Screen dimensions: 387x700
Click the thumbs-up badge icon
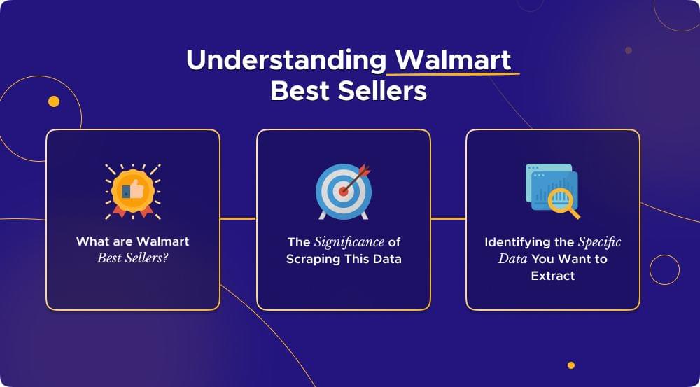[x=132, y=188]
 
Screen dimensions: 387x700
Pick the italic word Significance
[x=349, y=242]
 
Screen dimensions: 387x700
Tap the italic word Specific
[x=599, y=242]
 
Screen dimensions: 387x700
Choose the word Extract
[x=552, y=276]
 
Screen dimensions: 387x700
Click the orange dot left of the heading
[x=54, y=102]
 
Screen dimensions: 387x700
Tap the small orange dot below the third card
[x=571, y=365]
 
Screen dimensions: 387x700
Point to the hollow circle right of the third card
[x=664, y=269]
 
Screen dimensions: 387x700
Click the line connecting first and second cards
[x=238, y=219]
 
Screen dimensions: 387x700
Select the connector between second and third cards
[x=448, y=219]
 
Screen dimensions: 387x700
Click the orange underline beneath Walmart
[x=454, y=73]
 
